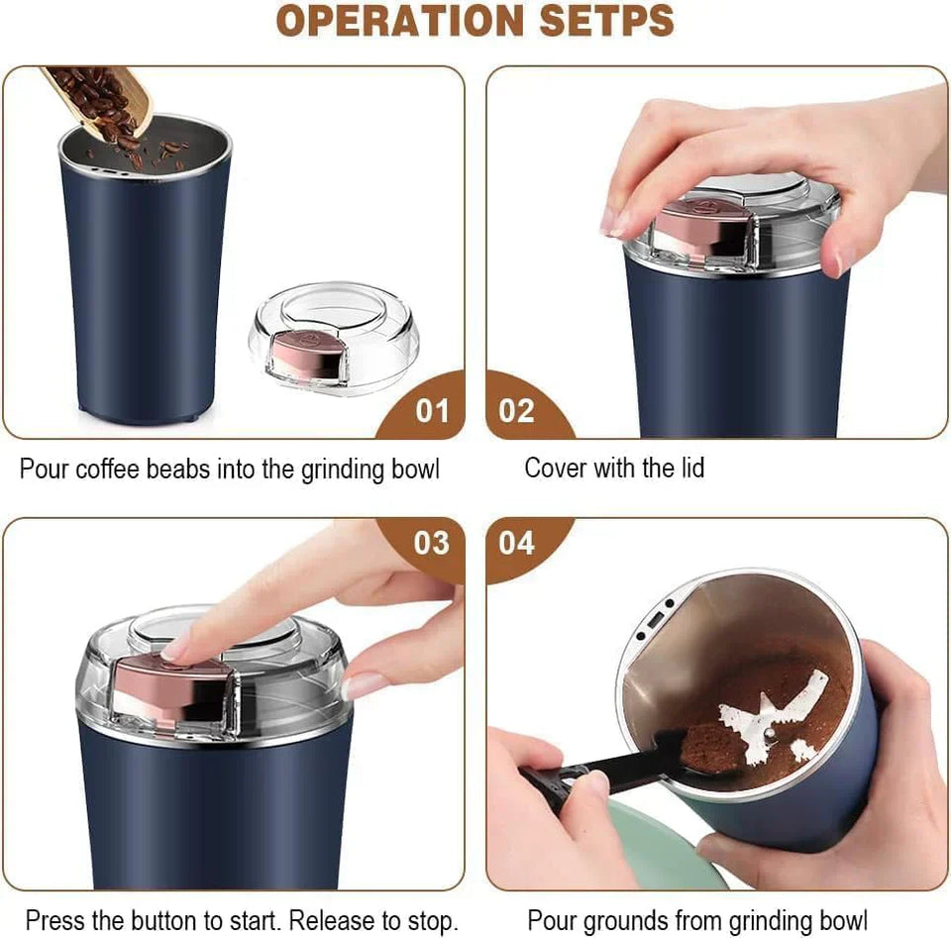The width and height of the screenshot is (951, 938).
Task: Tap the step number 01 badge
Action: pos(431,410)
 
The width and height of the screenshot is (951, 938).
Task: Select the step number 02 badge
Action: pos(516,410)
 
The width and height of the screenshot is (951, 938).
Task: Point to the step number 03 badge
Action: pos(431,543)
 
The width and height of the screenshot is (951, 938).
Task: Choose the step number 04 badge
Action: pos(516,543)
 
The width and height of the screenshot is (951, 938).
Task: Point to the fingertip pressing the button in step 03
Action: pos(178,649)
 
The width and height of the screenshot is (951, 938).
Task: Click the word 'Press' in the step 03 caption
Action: pos(54,920)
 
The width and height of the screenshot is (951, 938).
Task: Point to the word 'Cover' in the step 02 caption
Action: pos(556,468)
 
